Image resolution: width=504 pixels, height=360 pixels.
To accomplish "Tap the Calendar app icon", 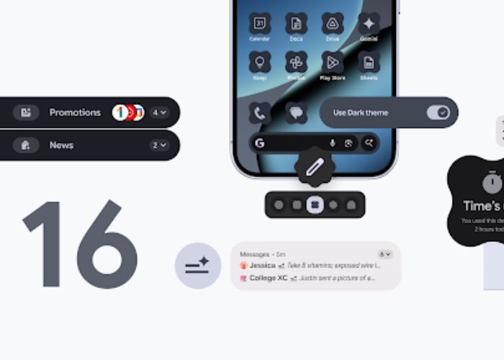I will click(259, 23).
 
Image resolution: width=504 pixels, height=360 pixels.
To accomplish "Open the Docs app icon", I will click(296, 23).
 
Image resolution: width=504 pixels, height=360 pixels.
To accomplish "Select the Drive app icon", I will click(333, 23).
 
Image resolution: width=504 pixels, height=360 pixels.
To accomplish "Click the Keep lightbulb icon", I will click(259, 62).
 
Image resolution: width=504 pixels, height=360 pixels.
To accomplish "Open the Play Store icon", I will click(333, 62).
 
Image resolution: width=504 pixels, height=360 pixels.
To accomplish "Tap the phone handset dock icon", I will click(259, 112).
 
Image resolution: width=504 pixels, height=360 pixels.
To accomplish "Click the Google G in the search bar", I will click(260, 143).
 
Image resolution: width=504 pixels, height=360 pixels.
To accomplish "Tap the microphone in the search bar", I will click(333, 143).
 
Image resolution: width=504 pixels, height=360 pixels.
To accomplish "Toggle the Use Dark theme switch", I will click(438, 112).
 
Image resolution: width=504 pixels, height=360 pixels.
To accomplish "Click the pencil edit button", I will click(315, 168).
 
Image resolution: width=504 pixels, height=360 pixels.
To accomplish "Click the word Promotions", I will click(75, 112).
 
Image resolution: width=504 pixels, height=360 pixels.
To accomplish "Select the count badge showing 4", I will click(158, 112).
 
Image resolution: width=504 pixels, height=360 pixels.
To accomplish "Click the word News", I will click(61, 145).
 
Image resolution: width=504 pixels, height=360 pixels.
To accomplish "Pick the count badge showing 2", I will click(158, 145).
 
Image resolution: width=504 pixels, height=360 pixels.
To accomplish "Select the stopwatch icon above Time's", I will click(492, 183).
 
